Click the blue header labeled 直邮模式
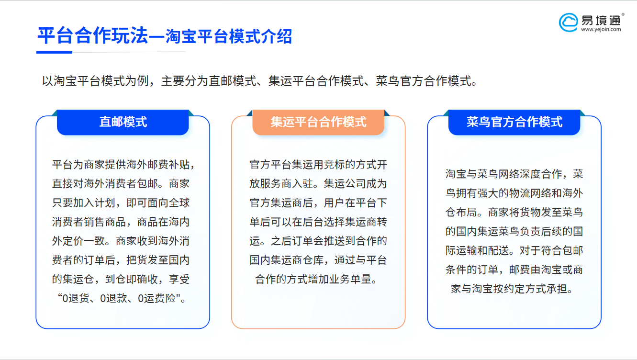(x=123, y=122)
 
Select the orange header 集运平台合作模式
(x=318, y=122)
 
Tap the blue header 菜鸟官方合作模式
(x=514, y=122)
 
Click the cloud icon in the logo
(x=568, y=22)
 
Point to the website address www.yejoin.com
(x=601, y=30)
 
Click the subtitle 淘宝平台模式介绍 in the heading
(x=228, y=37)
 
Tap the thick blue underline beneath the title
(x=55, y=52)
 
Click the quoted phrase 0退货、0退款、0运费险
(x=121, y=299)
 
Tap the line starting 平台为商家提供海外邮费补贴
(x=123, y=165)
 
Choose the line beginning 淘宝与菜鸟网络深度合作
(x=514, y=174)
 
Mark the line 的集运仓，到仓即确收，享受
(x=121, y=280)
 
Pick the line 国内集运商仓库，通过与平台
(x=318, y=260)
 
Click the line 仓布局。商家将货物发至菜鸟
(x=514, y=213)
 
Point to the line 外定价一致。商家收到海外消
(x=121, y=241)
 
